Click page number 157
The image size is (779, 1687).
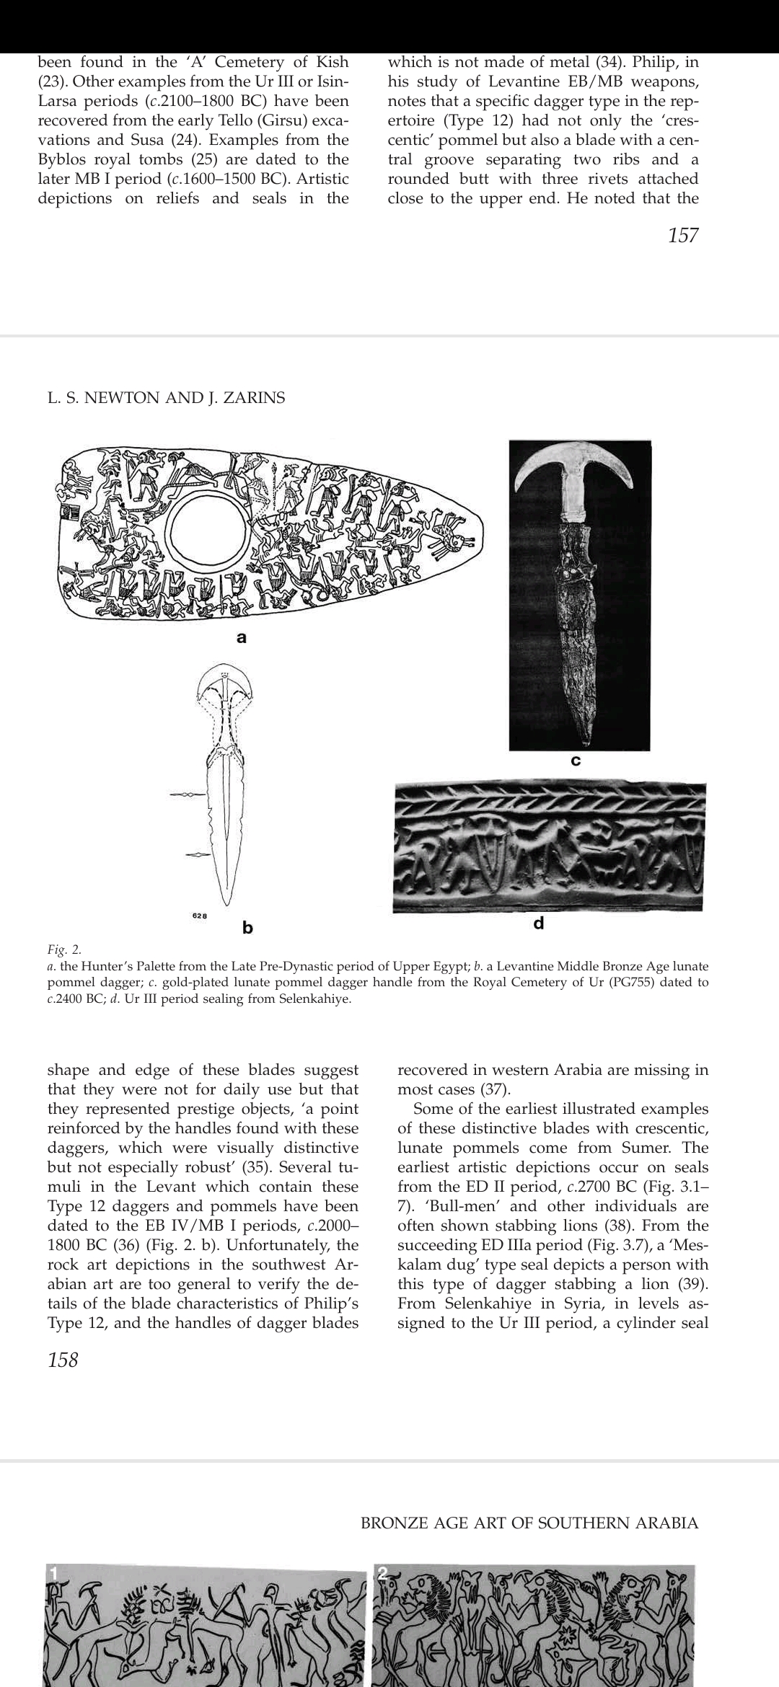pyautogui.click(x=683, y=235)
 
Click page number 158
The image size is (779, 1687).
pyautogui.click(x=63, y=1360)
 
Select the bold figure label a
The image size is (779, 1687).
pyautogui.click(x=242, y=637)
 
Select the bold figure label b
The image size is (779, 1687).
pyautogui.click(x=247, y=927)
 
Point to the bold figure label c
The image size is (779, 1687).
pyautogui.click(x=576, y=761)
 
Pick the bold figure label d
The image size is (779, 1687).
pyautogui.click(x=538, y=923)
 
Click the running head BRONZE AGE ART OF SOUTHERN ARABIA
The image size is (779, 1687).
pyautogui.click(x=529, y=1523)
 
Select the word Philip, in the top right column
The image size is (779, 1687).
pyautogui.click(x=665, y=62)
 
